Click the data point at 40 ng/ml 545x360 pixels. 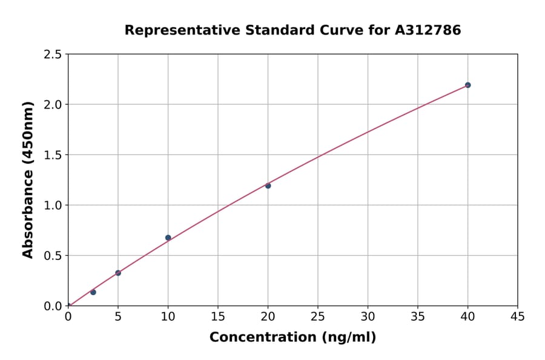point(467,85)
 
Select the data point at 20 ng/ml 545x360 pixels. point(268,185)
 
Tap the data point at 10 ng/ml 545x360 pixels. point(168,238)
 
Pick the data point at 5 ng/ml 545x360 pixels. point(118,273)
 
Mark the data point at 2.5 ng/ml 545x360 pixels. point(93,292)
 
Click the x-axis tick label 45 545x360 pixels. point(517,317)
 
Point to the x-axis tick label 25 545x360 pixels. point(317,317)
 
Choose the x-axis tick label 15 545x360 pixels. point(217,317)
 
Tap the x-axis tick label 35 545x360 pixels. point(417,317)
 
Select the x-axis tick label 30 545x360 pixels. point(368,317)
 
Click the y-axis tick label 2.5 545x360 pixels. point(53,55)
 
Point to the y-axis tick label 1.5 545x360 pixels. point(53,155)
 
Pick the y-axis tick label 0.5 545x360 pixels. point(53,256)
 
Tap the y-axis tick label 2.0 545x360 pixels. point(53,105)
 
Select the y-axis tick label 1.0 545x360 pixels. point(53,205)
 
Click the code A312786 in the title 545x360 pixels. point(429,30)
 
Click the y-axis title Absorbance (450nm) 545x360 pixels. point(28,180)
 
